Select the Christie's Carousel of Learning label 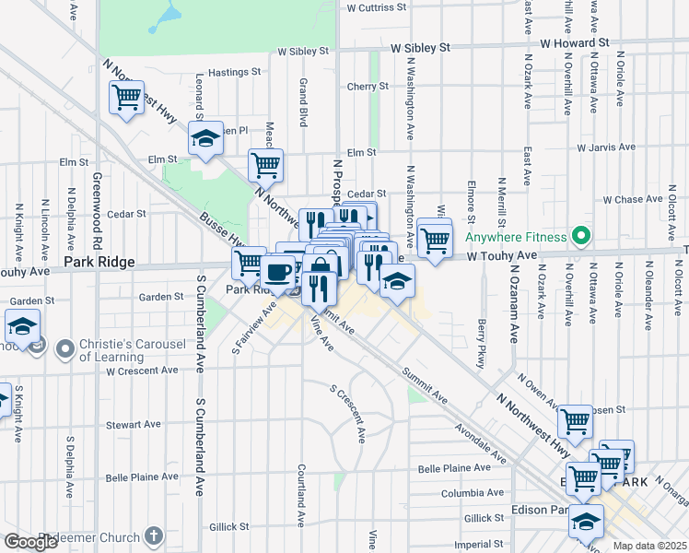pyautogui.click(x=133, y=350)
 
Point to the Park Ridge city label pyautogui.click(x=99, y=263)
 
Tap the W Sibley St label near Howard pyautogui.click(x=420, y=46)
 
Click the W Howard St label pyautogui.click(x=575, y=42)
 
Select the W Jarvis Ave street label pyautogui.click(x=606, y=147)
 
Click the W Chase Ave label pyautogui.click(x=633, y=199)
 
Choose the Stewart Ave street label pyautogui.click(x=133, y=425)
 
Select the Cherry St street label pyautogui.click(x=368, y=87)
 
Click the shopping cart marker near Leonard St pyautogui.click(x=126, y=97)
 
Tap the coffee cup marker pyautogui.click(x=277, y=271)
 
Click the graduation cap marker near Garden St pyautogui.click(x=22, y=325)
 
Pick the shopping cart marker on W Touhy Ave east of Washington pyautogui.click(x=434, y=240)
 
